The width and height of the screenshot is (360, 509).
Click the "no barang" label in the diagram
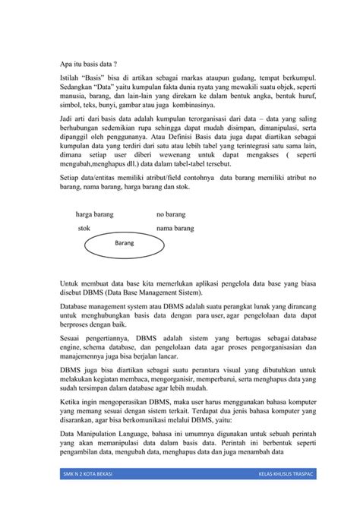pos(171,215)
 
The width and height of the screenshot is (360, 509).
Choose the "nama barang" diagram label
pos(175,228)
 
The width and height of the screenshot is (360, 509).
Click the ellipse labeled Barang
pos(125,245)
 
